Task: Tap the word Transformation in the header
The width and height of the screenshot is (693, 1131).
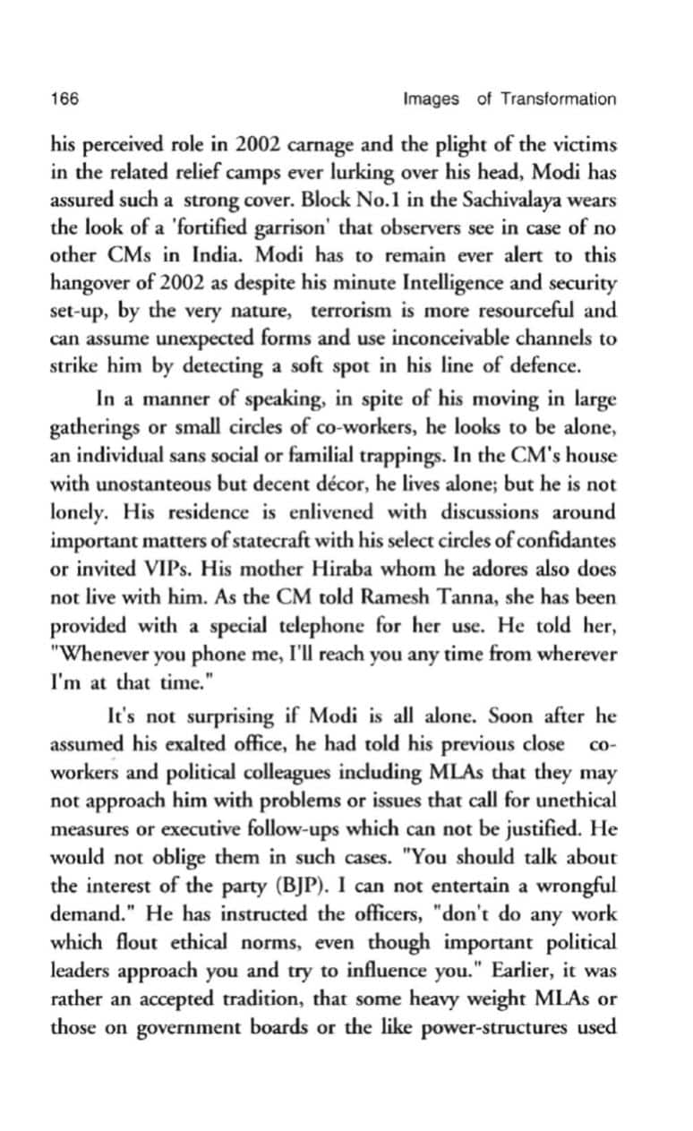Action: point(558,99)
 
